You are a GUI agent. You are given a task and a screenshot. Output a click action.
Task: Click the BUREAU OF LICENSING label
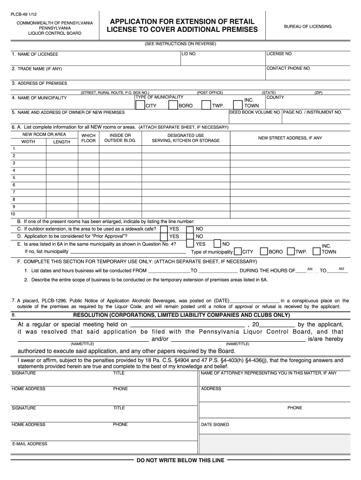point(308,27)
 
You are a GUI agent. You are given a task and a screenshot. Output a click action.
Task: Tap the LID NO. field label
point(189,54)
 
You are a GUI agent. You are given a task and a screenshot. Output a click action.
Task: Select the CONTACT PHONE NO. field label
point(288,68)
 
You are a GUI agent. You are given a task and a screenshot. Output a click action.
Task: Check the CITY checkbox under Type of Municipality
point(140,105)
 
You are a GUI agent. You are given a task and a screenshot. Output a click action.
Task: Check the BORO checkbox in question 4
point(173,105)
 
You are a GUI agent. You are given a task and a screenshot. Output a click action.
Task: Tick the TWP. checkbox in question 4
point(206,105)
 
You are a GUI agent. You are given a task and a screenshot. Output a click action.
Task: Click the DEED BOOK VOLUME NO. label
point(255,112)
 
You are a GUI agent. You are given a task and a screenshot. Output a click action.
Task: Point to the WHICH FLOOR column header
point(88,138)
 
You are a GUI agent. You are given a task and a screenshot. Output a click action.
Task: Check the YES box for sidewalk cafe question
point(164,229)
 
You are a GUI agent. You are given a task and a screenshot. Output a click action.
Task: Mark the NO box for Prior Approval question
point(190,237)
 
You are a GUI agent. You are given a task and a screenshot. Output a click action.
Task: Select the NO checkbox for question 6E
point(218,244)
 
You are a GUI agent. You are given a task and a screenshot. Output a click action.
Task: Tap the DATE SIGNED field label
point(215,425)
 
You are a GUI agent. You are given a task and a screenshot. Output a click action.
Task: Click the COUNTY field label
point(275,97)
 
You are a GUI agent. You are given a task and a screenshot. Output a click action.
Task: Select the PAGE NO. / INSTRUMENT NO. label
point(312,112)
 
